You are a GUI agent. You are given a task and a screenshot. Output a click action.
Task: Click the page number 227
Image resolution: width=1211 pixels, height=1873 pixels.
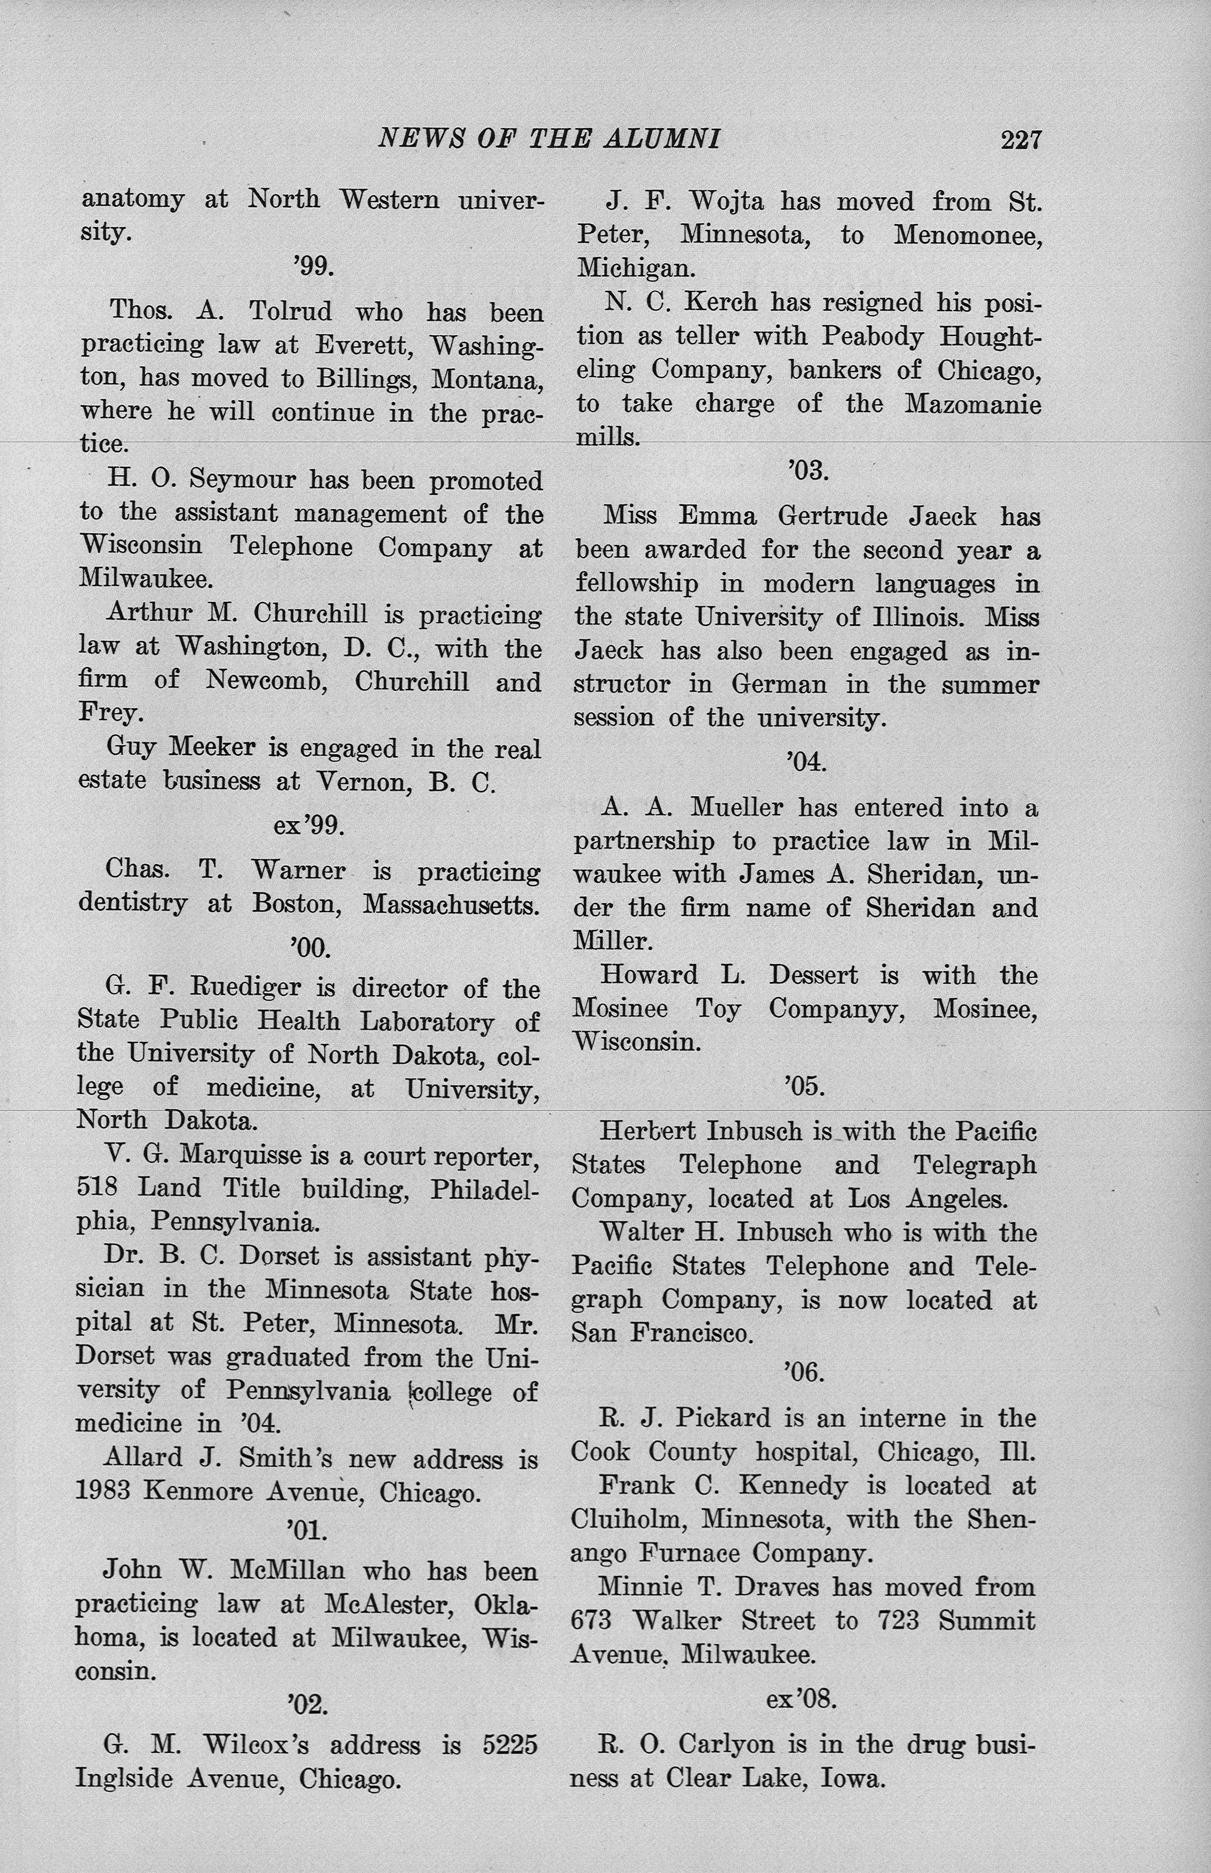pyautogui.click(x=1021, y=140)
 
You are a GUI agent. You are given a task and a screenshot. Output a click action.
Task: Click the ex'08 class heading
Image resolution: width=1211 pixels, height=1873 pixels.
pyautogui.click(x=800, y=1700)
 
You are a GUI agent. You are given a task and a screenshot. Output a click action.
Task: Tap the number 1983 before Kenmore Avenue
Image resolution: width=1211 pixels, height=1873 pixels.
pyautogui.click(x=105, y=1492)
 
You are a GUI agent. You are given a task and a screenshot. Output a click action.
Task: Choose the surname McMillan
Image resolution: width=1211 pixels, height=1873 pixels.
pyautogui.click(x=287, y=1570)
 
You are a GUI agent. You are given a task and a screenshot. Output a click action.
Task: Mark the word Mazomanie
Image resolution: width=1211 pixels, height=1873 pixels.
pyautogui.click(x=972, y=404)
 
